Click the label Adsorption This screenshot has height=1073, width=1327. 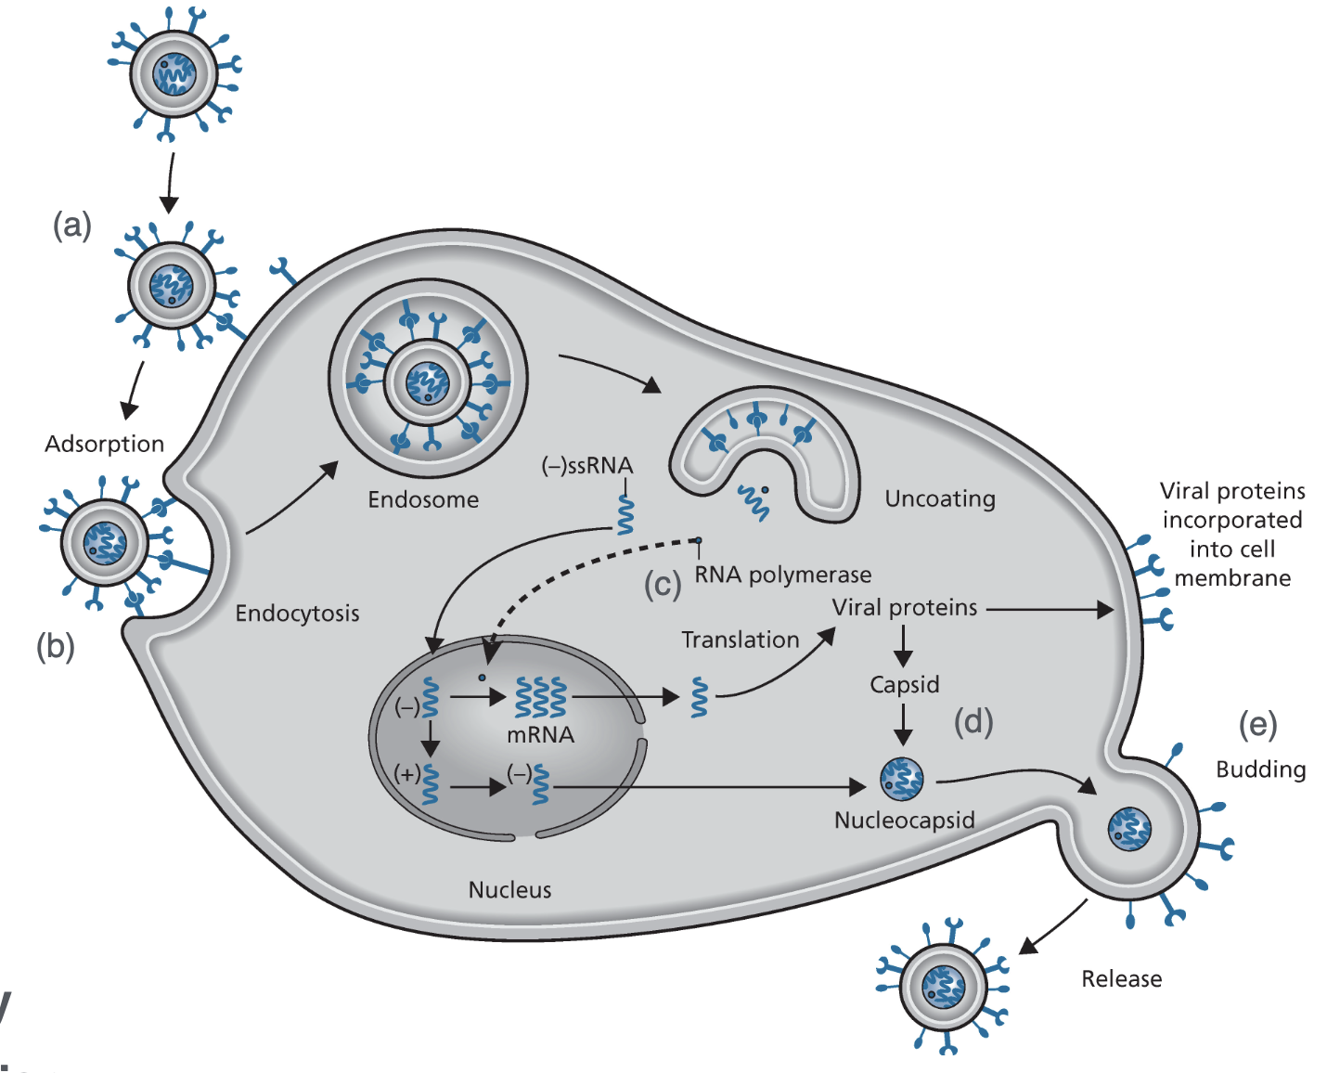point(104,444)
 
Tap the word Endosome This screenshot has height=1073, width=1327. point(423,499)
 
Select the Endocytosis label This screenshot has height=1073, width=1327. point(297,613)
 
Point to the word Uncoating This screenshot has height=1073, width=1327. point(940,498)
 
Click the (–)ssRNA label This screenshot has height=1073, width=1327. point(586,465)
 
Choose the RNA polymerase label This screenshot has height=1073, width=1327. point(783,575)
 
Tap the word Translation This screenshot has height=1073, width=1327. point(741,640)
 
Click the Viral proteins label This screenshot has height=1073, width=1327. point(905,607)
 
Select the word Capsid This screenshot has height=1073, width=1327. point(905,684)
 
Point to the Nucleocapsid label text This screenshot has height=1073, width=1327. point(905,820)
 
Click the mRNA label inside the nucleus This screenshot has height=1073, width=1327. point(540,734)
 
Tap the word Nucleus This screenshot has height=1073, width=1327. point(509,889)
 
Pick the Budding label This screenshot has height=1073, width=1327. point(1260,769)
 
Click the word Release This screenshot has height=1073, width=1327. point(1121,978)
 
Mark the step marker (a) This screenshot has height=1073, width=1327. point(72,225)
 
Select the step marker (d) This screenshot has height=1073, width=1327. point(973,721)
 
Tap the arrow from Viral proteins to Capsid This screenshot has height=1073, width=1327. point(903,645)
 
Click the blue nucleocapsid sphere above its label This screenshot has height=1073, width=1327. point(902,780)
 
